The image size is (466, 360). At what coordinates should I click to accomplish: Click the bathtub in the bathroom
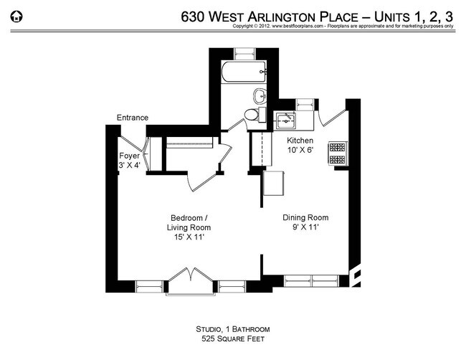click(x=244, y=72)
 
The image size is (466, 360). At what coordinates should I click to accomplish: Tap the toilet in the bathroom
click(x=250, y=115)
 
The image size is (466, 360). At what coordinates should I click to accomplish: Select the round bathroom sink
click(x=259, y=95)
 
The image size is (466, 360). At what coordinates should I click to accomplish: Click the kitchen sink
click(x=285, y=119)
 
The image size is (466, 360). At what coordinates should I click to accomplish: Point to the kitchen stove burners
click(x=336, y=151)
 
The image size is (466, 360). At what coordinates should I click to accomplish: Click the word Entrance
click(x=133, y=118)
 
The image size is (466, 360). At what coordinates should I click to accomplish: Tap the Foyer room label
click(x=129, y=155)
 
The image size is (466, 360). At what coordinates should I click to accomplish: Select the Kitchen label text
click(x=300, y=139)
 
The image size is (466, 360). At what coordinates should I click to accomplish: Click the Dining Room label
click(x=305, y=218)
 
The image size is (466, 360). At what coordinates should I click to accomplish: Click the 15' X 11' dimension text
click(x=189, y=237)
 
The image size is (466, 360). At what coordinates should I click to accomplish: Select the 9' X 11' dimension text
click(x=305, y=227)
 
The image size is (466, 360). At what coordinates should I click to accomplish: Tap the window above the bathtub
click(x=244, y=52)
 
